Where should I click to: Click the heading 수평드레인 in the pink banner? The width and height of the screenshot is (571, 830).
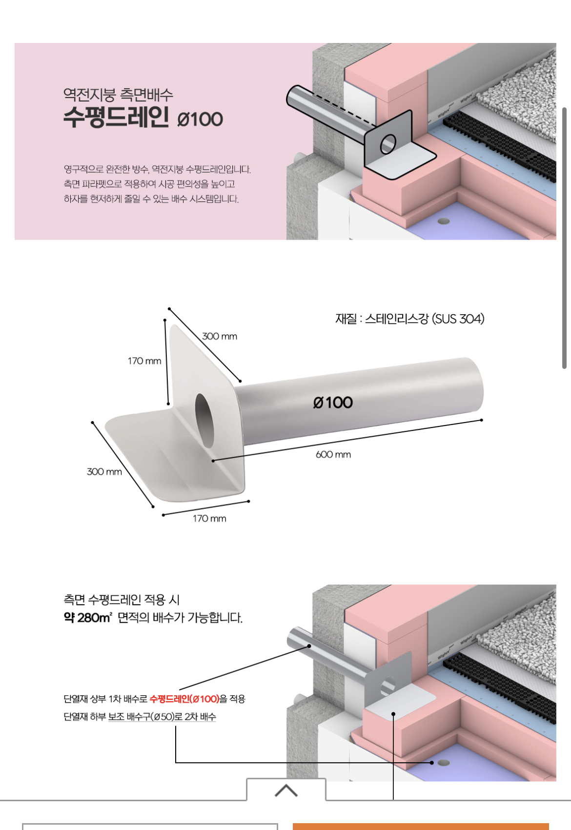[x=116, y=117]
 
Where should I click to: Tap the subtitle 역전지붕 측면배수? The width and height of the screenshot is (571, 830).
[x=118, y=94]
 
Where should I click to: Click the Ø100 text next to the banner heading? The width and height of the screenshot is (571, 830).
[x=200, y=120]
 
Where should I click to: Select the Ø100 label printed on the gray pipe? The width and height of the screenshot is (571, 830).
[x=333, y=403]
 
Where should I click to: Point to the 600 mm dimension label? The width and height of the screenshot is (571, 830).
[x=333, y=455]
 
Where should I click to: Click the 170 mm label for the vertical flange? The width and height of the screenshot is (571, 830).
[x=144, y=361]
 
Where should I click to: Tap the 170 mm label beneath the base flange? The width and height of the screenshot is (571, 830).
[x=209, y=519]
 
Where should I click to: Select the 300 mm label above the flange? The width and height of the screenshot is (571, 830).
[x=220, y=336]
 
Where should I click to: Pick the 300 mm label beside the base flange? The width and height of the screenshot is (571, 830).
[x=104, y=472]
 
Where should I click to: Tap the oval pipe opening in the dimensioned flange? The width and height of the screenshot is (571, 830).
[x=205, y=420]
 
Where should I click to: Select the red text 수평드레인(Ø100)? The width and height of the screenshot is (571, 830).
[x=184, y=699]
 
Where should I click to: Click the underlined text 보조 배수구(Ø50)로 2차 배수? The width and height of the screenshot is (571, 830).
[x=162, y=717]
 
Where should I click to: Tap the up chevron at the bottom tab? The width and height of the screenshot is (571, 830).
[x=286, y=790]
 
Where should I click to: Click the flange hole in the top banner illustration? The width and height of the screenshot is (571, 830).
[x=388, y=144]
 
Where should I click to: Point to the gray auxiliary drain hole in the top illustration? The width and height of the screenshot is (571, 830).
[x=443, y=221]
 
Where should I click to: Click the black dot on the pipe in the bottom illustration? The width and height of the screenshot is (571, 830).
[x=309, y=646]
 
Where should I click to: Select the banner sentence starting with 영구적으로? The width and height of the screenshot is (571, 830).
[x=157, y=169]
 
